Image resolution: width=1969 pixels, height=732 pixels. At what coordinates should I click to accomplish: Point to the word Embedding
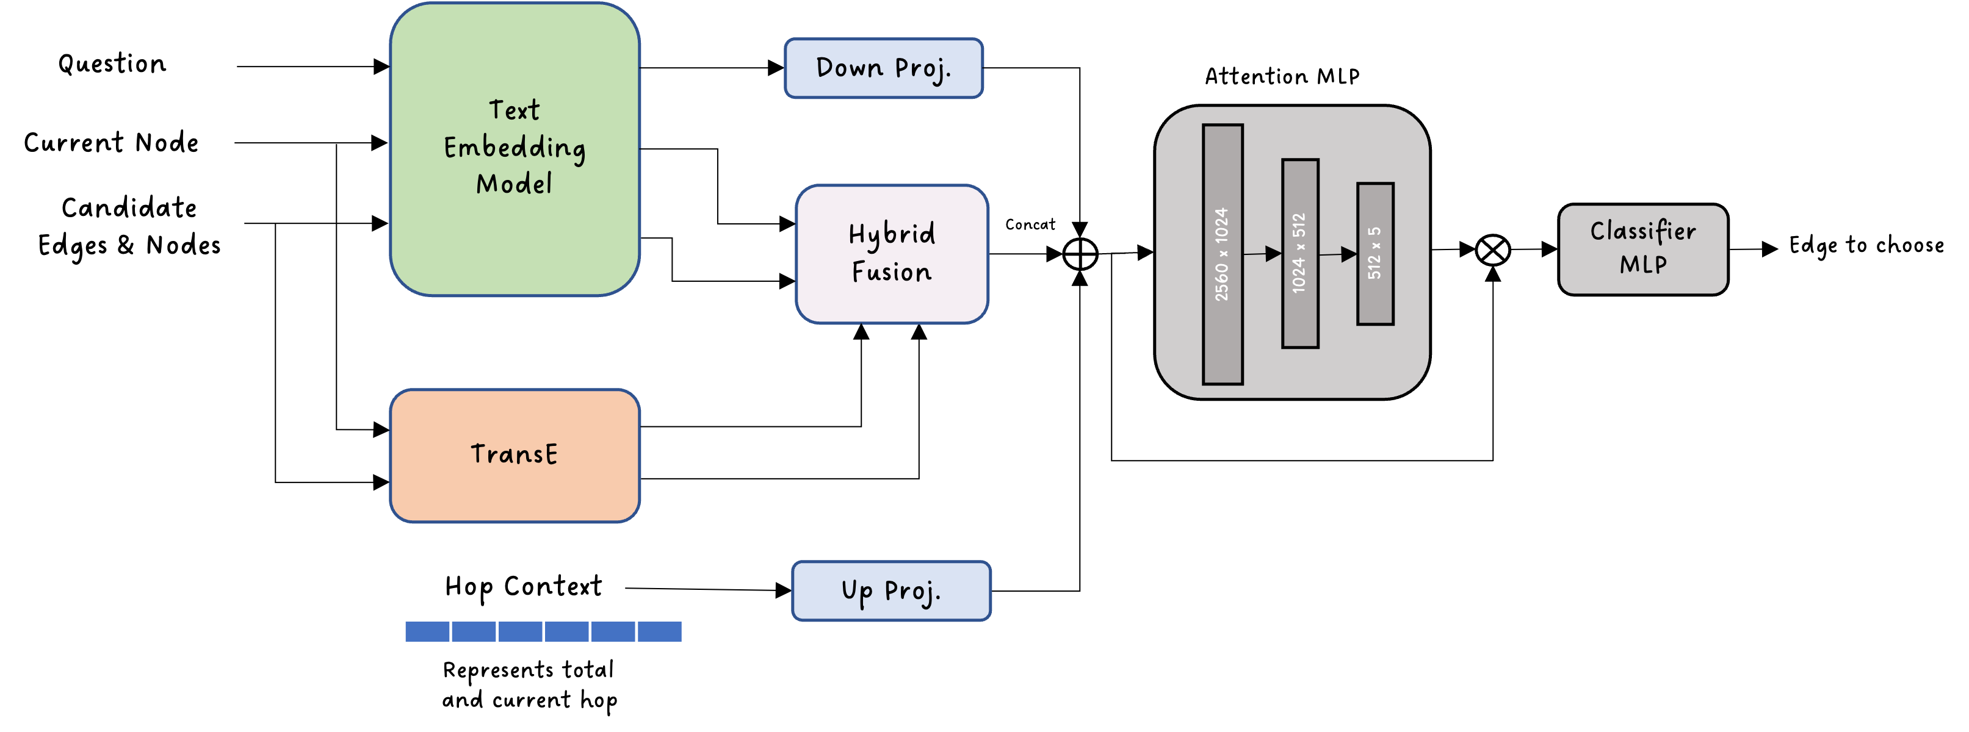515,147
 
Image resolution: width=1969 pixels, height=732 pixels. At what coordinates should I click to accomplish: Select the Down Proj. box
884,68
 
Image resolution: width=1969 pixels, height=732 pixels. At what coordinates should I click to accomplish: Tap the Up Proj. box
891,590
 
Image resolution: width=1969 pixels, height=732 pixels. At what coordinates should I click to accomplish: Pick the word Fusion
892,272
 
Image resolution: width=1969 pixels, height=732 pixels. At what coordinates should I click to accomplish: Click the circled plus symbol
1080,254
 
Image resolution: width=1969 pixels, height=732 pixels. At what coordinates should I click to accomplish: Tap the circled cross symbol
1493,250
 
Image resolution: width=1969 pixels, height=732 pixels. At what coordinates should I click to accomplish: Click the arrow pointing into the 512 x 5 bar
1339,254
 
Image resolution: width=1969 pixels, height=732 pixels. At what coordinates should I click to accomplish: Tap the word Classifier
1642,231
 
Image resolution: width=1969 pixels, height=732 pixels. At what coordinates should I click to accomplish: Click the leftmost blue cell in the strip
427,631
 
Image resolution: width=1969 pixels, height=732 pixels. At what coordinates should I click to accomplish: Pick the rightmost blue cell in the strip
660,631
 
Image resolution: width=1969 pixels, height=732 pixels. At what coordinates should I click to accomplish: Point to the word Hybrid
892,234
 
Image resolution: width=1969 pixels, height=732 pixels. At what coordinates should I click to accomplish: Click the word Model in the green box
515,184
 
